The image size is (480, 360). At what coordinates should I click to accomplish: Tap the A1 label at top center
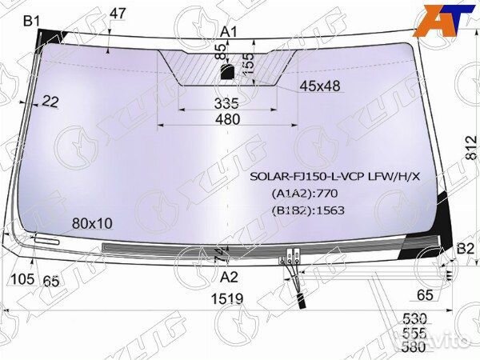pos(230,31)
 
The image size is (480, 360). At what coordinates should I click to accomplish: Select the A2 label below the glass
pos(230,278)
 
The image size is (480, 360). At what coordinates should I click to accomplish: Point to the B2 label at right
pos(464,250)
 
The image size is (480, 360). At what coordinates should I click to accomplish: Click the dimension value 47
pos(118,13)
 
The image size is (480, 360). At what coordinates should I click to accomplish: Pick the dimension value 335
pos(227,102)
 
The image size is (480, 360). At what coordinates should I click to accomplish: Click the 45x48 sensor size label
pos(320,86)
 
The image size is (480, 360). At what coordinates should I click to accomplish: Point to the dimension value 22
pos(50,101)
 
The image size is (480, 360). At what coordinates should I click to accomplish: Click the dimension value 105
pos(24,278)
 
